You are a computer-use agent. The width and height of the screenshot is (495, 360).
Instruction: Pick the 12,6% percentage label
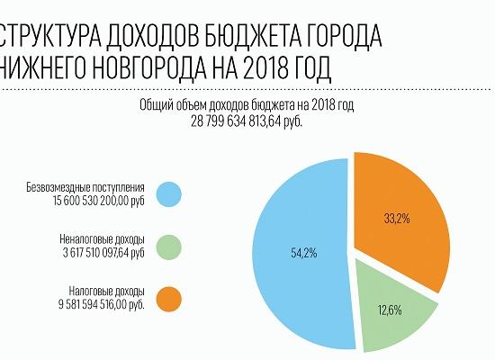pyautogui.click(x=390, y=311)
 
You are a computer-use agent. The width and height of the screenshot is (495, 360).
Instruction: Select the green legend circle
pyautogui.click(x=168, y=247)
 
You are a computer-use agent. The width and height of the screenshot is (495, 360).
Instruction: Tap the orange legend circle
pyautogui.click(x=168, y=299)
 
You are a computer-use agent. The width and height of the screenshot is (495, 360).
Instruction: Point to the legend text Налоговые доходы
pyautogui.click(x=105, y=292)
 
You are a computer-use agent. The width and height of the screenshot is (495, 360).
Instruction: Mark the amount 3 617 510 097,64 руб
pyautogui.click(x=94, y=253)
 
